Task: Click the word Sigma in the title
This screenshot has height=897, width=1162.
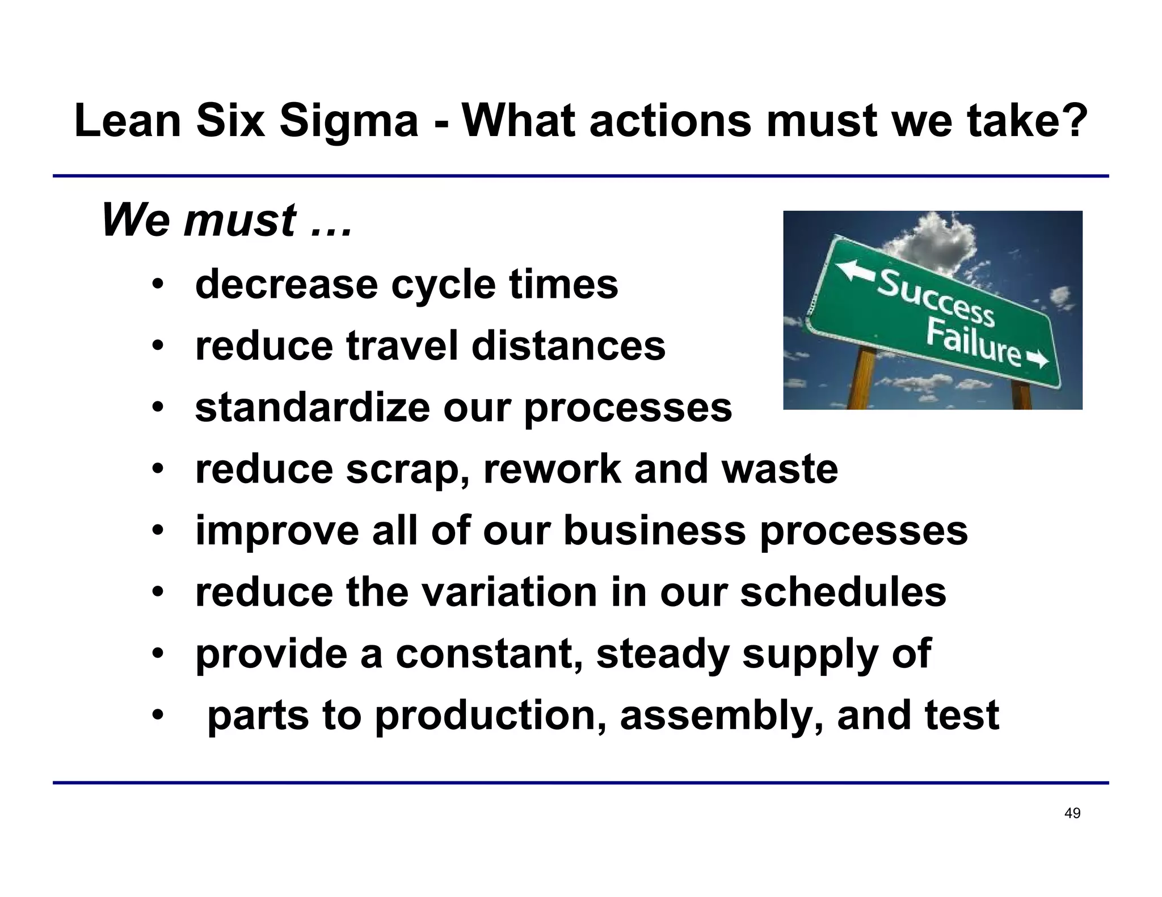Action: pos(348,121)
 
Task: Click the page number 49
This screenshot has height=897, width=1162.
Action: pos(1072,813)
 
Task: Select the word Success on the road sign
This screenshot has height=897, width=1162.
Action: pos(936,298)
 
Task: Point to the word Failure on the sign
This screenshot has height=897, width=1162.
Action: pos(972,342)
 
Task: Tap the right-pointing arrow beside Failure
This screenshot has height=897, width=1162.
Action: pos(1038,359)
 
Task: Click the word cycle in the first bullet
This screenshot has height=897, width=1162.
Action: pos(443,285)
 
